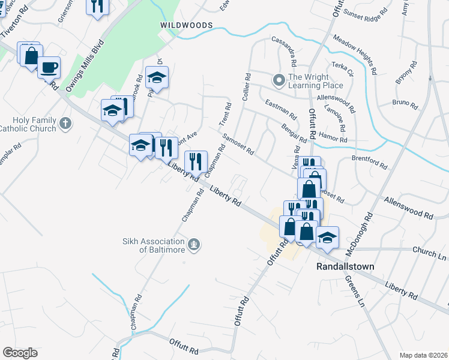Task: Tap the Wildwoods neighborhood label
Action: click(x=186, y=25)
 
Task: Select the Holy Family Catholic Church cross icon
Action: click(x=65, y=124)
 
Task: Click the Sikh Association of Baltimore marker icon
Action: click(x=193, y=244)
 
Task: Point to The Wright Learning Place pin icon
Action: click(x=279, y=80)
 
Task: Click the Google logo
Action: click(x=20, y=352)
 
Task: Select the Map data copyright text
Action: click(x=423, y=355)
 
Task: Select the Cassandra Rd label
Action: click(x=285, y=52)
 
